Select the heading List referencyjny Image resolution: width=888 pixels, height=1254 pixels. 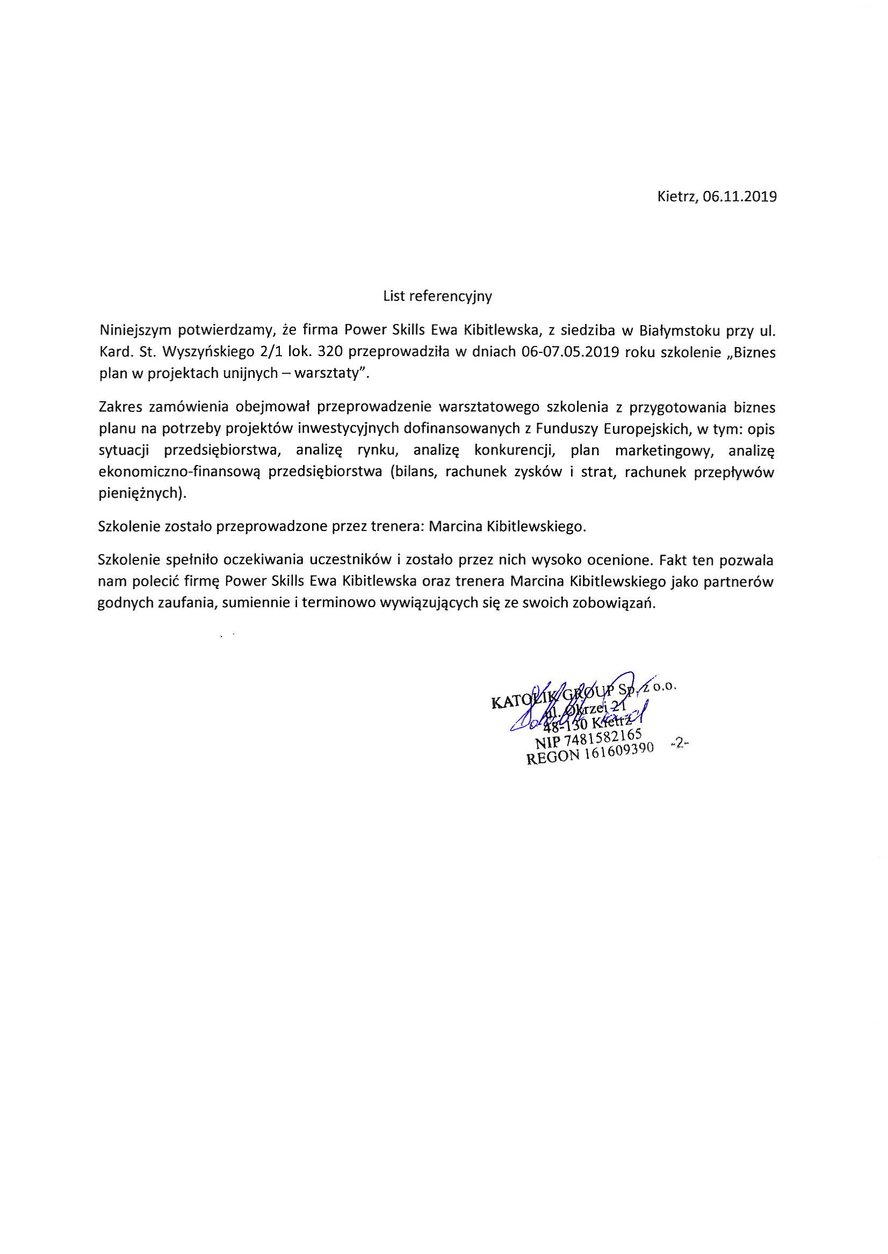(x=438, y=297)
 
